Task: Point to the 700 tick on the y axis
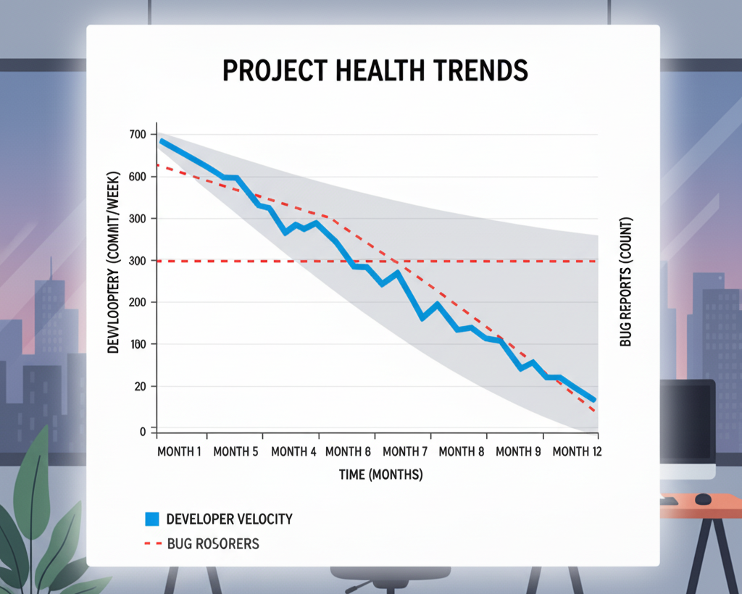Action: point(138,135)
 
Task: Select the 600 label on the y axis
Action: point(138,177)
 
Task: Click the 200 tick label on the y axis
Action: point(138,302)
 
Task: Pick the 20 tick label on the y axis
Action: point(141,387)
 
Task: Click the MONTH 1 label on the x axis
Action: point(180,451)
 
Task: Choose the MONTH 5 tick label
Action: point(235,451)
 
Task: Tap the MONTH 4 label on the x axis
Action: point(293,451)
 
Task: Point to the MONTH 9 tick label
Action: point(518,451)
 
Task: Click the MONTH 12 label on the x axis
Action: point(577,451)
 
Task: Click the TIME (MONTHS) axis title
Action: point(380,474)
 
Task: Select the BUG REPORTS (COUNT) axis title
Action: point(626,282)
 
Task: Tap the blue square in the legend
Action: point(151,519)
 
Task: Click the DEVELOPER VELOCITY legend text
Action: point(229,519)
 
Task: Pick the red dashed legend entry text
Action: point(212,543)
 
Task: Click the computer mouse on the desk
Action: point(703,498)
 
